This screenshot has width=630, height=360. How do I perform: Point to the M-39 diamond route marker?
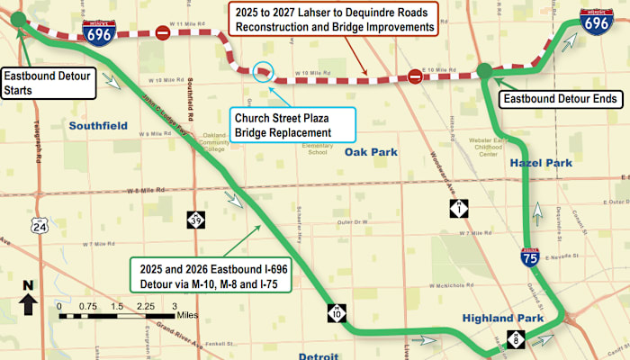(196, 220)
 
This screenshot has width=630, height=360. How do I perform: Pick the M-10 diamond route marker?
(334, 312)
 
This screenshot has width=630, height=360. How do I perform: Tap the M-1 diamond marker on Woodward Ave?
(459, 210)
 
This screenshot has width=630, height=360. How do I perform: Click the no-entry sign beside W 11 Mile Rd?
(163, 33)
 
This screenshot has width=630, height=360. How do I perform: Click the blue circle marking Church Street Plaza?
(262, 71)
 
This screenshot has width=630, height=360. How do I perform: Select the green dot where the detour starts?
(19, 19)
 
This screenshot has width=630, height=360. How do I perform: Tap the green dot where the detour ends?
(484, 70)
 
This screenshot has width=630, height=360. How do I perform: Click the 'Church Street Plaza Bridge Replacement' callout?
(283, 124)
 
